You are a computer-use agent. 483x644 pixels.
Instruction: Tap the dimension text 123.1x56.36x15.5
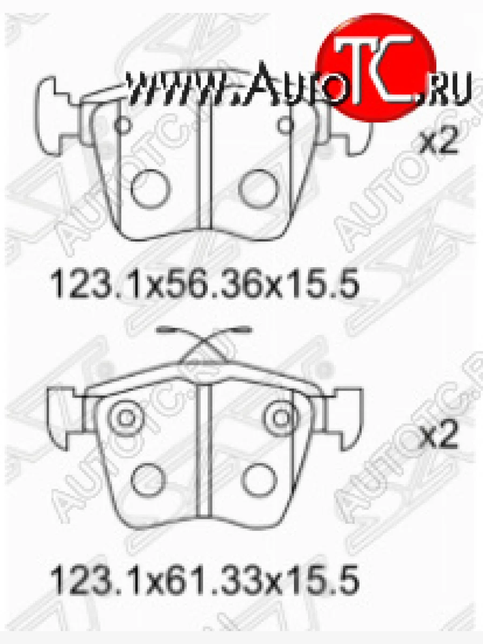(204, 283)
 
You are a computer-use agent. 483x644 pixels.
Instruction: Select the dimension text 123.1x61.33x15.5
(204, 581)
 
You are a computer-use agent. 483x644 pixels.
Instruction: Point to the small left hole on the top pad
(123, 126)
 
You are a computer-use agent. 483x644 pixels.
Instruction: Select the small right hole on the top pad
(286, 126)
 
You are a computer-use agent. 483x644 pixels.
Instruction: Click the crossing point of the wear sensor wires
(204, 343)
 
